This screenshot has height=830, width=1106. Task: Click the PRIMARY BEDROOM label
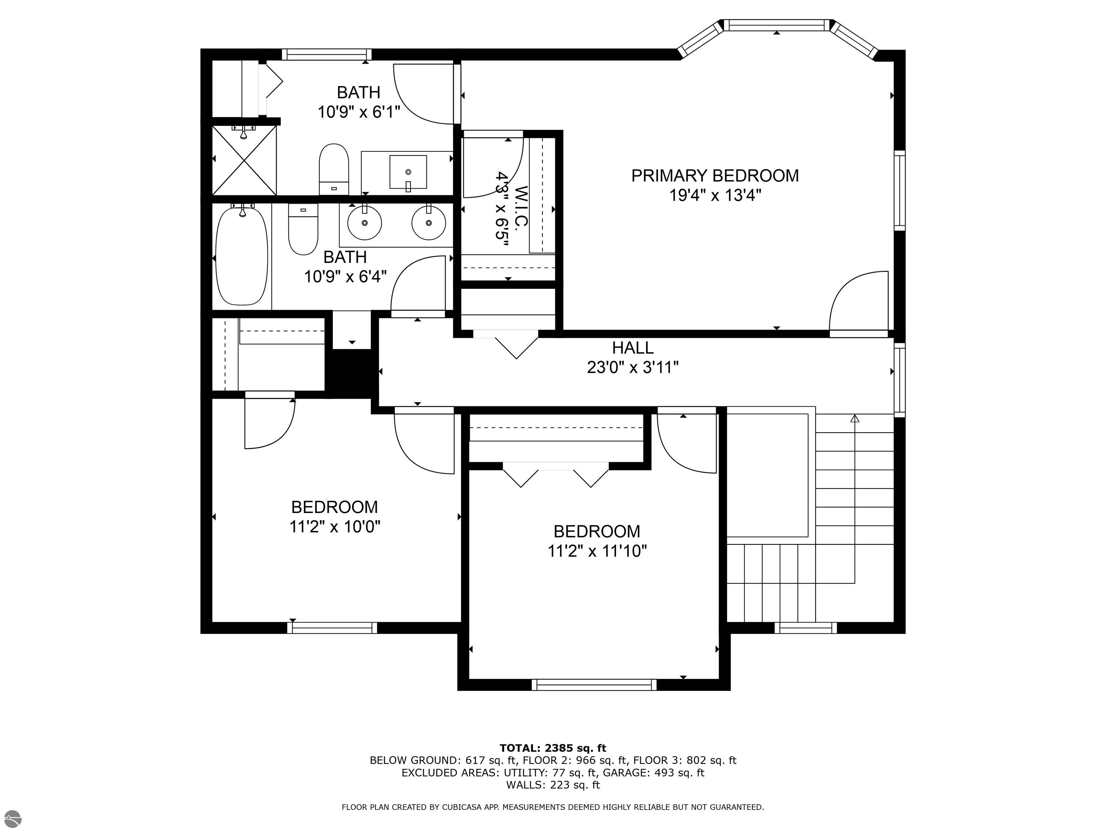[x=715, y=175]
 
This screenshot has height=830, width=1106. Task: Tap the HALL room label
[x=633, y=348]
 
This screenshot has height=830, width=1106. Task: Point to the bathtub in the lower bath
[x=242, y=256]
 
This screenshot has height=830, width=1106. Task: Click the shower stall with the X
[x=244, y=160]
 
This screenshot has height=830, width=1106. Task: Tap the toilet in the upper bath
[x=333, y=169]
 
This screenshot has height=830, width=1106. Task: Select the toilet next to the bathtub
[x=303, y=229]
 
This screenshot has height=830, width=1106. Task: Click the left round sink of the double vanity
[x=364, y=222]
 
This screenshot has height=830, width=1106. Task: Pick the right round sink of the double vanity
[x=428, y=222]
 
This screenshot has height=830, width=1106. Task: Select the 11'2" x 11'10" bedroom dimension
[x=597, y=551]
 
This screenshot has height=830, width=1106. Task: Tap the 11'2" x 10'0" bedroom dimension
[x=334, y=527]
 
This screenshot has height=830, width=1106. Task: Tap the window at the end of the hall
[x=899, y=380]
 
